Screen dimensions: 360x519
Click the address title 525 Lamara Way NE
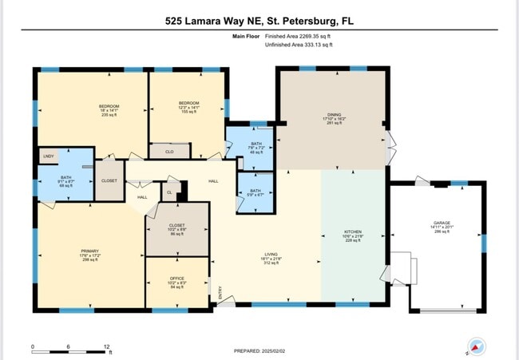pos(259,22)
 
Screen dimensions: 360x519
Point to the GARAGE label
pos(442,224)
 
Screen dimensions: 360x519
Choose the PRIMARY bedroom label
pos(89,251)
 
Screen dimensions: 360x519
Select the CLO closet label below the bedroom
pos(169,150)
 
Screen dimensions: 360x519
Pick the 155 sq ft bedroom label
pos(188,107)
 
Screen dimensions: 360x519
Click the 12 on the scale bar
pos(106,346)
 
